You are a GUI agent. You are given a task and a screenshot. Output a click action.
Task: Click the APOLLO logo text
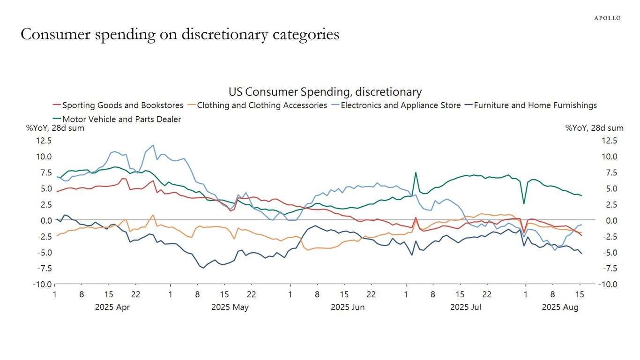(x=607, y=18)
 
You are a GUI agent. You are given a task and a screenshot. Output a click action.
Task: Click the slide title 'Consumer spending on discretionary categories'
(x=180, y=34)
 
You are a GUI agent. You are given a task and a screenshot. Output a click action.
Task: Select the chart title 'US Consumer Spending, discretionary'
(x=325, y=92)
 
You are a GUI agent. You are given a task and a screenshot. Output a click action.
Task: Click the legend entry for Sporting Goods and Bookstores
(x=122, y=105)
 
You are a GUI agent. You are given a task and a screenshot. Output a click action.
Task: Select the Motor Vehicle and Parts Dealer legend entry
(x=121, y=119)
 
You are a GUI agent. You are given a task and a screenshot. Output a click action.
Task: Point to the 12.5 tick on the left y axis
(x=43, y=141)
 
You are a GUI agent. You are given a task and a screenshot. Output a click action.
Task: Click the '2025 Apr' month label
(x=112, y=307)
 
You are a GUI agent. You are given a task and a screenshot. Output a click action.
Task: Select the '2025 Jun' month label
(x=348, y=307)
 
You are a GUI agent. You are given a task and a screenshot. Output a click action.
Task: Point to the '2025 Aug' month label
(x=560, y=307)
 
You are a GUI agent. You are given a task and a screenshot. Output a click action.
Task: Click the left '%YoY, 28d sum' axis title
(x=55, y=128)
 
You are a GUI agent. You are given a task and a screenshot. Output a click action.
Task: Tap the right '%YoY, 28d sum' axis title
(x=594, y=128)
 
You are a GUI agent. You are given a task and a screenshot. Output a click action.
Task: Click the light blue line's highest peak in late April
(x=153, y=145)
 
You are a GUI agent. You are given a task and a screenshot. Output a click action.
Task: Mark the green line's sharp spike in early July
(x=416, y=172)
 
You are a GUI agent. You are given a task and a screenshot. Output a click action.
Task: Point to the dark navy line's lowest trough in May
(x=203, y=268)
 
